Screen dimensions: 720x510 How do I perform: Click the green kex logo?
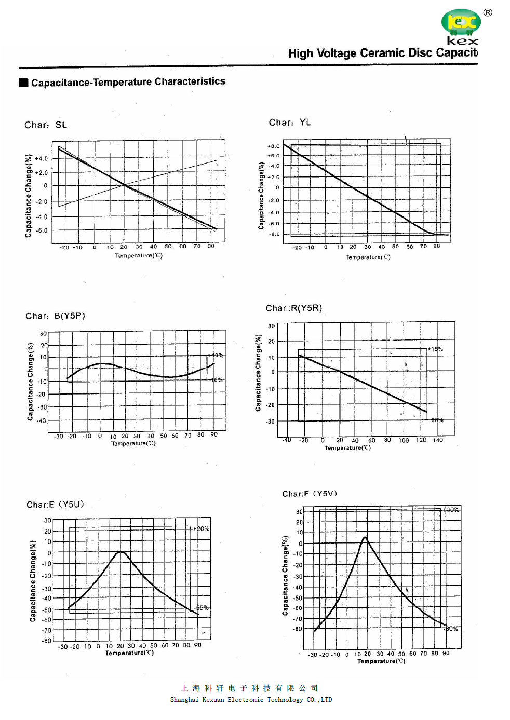click(x=461, y=22)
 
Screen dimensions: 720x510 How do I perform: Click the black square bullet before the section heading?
click(x=23, y=83)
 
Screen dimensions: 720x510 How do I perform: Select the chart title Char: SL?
click(x=46, y=125)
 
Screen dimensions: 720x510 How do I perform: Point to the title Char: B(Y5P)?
click(x=55, y=316)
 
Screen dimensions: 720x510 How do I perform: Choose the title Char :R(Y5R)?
click(x=294, y=308)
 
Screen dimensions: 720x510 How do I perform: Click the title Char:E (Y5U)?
click(x=55, y=505)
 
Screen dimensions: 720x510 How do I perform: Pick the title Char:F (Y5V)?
click(x=310, y=494)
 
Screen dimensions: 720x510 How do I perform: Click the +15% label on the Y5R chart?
click(x=435, y=349)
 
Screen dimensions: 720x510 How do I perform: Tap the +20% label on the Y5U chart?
click(x=202, y=529)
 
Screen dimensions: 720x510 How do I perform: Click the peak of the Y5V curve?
click(x=365, y=538)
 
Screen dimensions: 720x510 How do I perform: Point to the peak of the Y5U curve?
click(x=121, y=552)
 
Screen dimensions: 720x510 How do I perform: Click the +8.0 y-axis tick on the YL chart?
click(x=273, y=146)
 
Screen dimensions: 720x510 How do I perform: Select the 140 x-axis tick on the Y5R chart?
click(x=438, y=440)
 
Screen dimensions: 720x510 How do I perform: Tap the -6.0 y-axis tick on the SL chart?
click(x=42, y=230)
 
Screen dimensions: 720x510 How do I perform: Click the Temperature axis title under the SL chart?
click(x=139, y=255)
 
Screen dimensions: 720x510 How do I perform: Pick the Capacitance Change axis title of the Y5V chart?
click(x=285, y=576)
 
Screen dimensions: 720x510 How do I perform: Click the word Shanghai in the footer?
click(x=184, y=700)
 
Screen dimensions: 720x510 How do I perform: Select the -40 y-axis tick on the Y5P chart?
click(x=42, y=420)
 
